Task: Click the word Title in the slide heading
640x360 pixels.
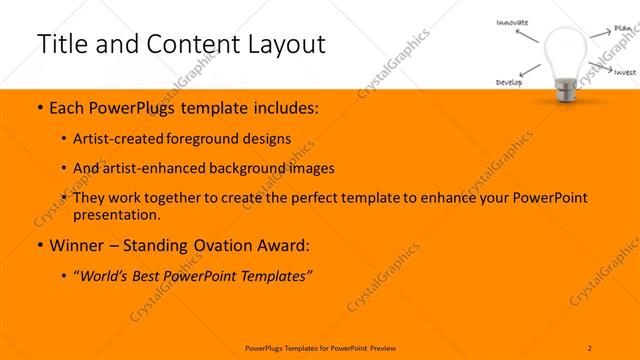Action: pyautogui.click(x=62, y=44)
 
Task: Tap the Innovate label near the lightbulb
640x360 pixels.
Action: pyautogui.click(x=512, y=22)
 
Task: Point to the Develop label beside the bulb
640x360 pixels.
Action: pyautogui.click(x=509, y=83)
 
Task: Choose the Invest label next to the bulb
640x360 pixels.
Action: pyautogui.click(x=625, y=72)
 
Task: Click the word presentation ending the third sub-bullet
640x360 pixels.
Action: pyautogui.click(x=116, y=214)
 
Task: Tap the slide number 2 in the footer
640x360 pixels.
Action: pyautogui.click(x=590, y=346)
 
